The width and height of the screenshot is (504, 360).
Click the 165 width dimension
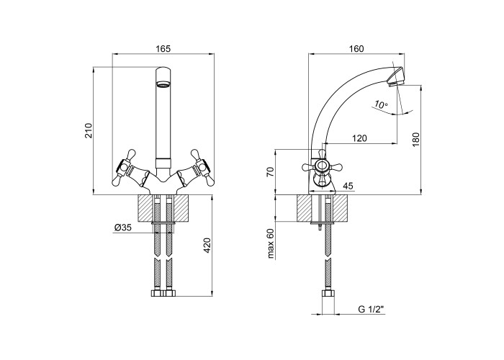click(163, 48)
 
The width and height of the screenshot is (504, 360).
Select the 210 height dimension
click(89, 130)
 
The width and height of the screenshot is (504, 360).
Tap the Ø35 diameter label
click(123, 228)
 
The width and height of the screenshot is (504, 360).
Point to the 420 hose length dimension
click(207, 246)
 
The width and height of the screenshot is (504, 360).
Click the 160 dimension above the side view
click(356, 48)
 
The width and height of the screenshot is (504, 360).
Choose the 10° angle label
click(381, 104)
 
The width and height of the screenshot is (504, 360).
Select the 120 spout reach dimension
click(359, 138)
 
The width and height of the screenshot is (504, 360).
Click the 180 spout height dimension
click(415, 140)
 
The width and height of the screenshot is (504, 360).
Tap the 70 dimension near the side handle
click(271, 172)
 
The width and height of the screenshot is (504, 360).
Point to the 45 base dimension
click(348, 186)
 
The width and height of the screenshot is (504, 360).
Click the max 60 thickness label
click(271, 243)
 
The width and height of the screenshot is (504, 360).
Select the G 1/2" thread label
click(372, 310)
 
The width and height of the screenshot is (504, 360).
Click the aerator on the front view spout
click(163, 85)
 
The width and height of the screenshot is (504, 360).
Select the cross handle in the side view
click(321, 166)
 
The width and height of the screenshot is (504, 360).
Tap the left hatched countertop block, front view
click(146, 208)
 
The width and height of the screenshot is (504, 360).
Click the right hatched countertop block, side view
click(341, 208)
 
